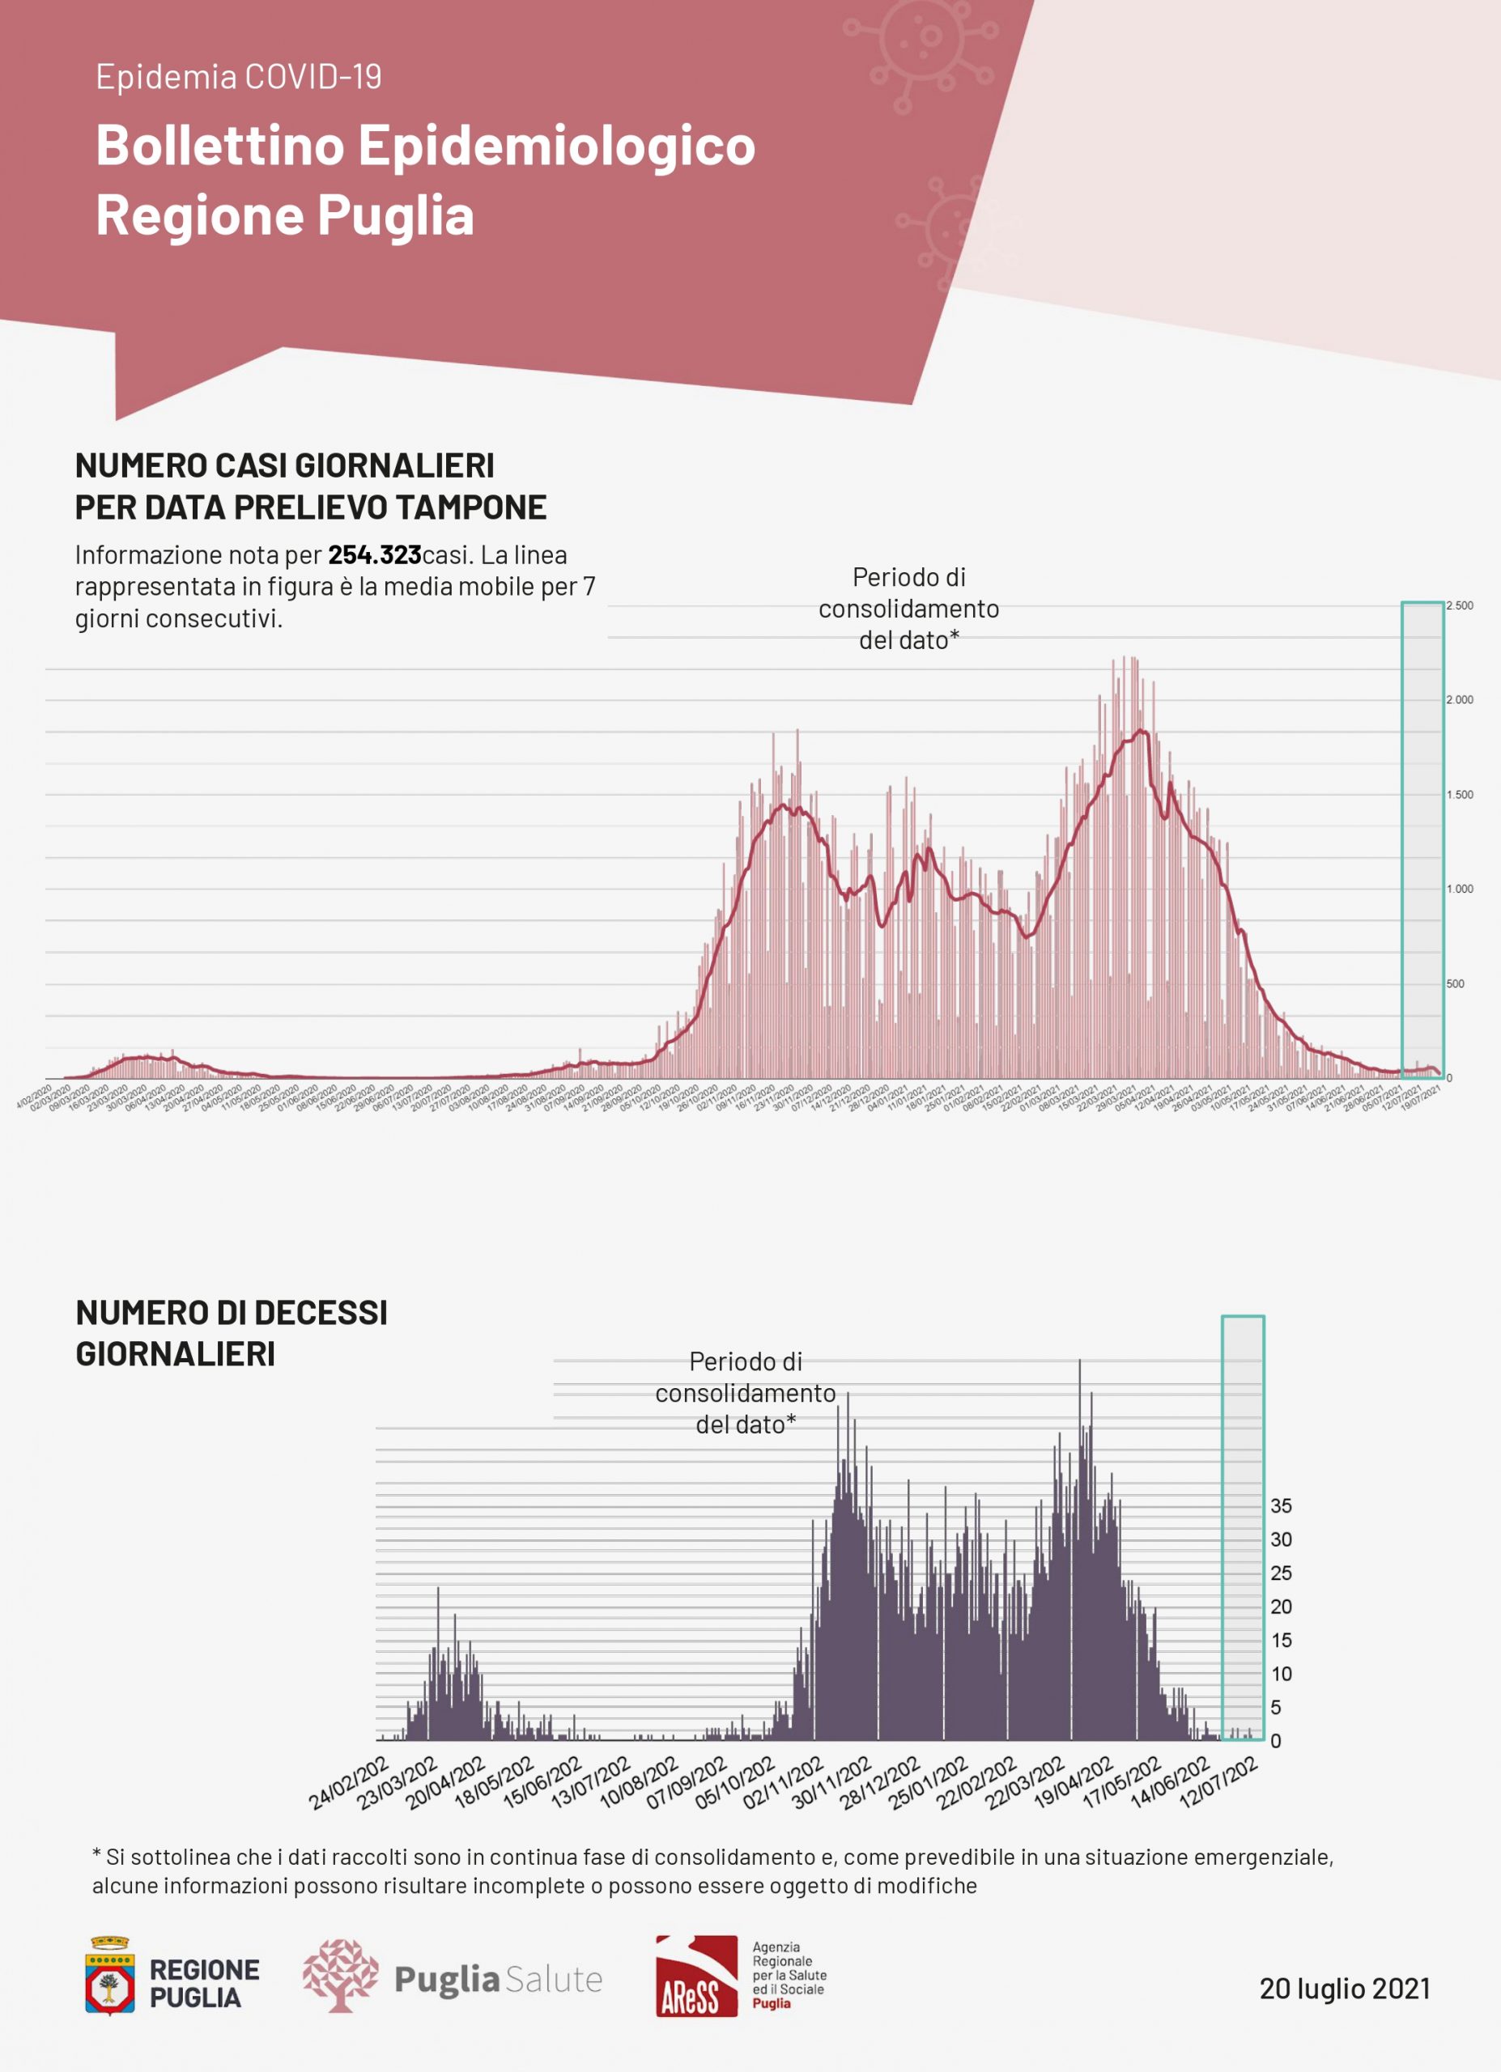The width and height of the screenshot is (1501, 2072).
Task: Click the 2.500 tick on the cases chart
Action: pyautogui.click(x=1459, y=605)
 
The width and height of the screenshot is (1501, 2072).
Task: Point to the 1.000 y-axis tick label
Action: pyautogui.click(x=1459, y=889)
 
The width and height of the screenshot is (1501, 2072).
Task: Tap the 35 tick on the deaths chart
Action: pyautogui.click(x=1281, y=1505)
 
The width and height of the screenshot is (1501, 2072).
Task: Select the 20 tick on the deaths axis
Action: pyautogui.click(x=1281, y=1606)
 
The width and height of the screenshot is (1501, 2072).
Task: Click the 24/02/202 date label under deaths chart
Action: pyautogui.click(x=349, y=1782)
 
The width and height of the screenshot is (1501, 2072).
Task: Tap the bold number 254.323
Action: pyautogui.click(x=375, y=554)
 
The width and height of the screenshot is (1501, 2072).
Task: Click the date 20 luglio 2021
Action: pyautogui.click(x=1345, y=1988)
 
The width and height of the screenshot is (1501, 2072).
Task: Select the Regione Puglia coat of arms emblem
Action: pyautogui.click(x=109, y=1976)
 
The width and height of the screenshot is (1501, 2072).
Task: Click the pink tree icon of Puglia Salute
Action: pyautogui.click(x=340, y=1976)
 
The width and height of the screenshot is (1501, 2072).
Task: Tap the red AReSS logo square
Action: pyautogui.click(x=696, y=1975)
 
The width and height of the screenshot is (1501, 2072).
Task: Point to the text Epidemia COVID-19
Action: pyautogui.click(x=239, y=77)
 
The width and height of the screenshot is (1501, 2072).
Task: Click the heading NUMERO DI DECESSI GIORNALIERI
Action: pyautogui.click(x=231, y=1333)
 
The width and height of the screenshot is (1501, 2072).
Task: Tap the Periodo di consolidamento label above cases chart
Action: pyautogui.click(x=908, y=609)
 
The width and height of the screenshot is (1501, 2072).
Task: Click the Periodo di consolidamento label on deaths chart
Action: pyautogui.click(x=746, y=1393)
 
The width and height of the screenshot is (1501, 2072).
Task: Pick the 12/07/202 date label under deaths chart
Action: pyautogui.click(x=1219, y=1782)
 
